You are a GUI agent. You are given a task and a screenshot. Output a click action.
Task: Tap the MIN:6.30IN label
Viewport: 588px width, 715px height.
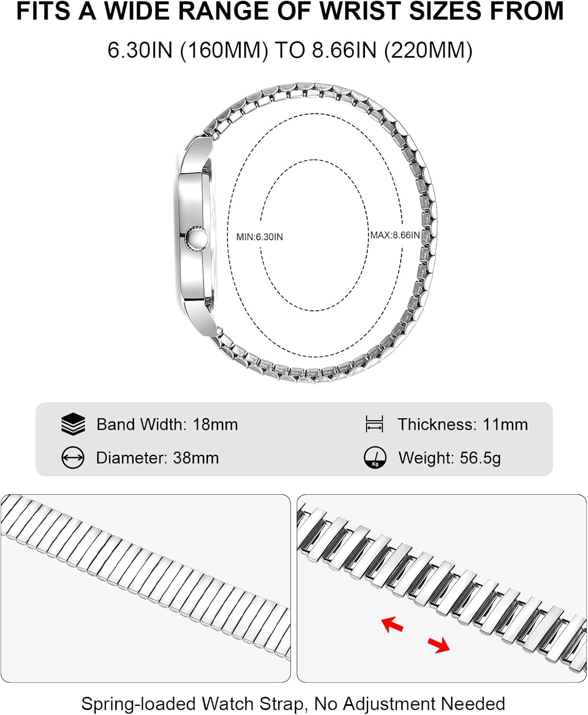pos(260,237)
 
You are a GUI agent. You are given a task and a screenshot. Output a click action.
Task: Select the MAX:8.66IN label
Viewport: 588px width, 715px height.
pos(395,235)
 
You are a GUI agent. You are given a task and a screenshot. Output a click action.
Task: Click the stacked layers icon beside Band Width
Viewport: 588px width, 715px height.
pos(73,424)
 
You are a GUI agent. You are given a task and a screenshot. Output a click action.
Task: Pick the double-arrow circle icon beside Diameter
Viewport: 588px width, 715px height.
pos(73,458)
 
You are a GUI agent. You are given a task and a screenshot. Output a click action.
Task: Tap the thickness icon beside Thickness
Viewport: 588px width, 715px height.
pos(375,424)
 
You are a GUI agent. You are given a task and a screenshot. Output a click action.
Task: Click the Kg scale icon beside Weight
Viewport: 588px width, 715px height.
pos(375,458)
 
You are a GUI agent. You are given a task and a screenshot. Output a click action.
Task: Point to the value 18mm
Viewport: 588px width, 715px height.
pos(215,424)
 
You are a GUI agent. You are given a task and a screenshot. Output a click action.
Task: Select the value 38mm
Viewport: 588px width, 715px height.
pos(196,458)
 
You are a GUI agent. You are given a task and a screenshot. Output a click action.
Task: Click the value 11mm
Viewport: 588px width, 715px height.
pos(505,424)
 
